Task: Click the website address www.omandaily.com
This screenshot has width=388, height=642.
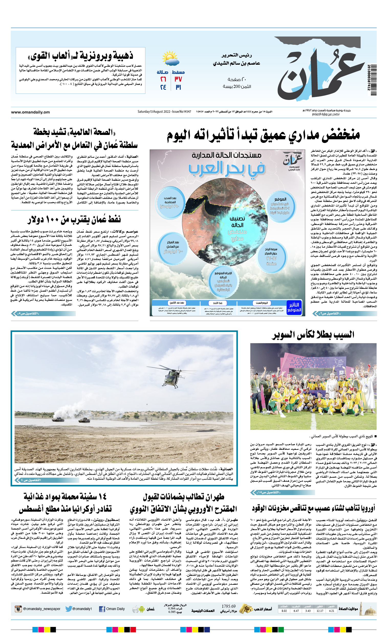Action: (30, 112)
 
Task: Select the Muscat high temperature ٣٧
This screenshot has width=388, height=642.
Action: (178, 79)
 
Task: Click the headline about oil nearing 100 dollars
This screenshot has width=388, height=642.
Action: (74, 220)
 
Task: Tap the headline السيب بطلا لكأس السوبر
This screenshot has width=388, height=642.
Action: (312, 335)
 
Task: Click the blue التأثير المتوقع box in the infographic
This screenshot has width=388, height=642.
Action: (294, 307)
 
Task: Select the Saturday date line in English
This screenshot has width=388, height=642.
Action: (164, 112)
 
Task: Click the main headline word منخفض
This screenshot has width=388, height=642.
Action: (340, 135)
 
